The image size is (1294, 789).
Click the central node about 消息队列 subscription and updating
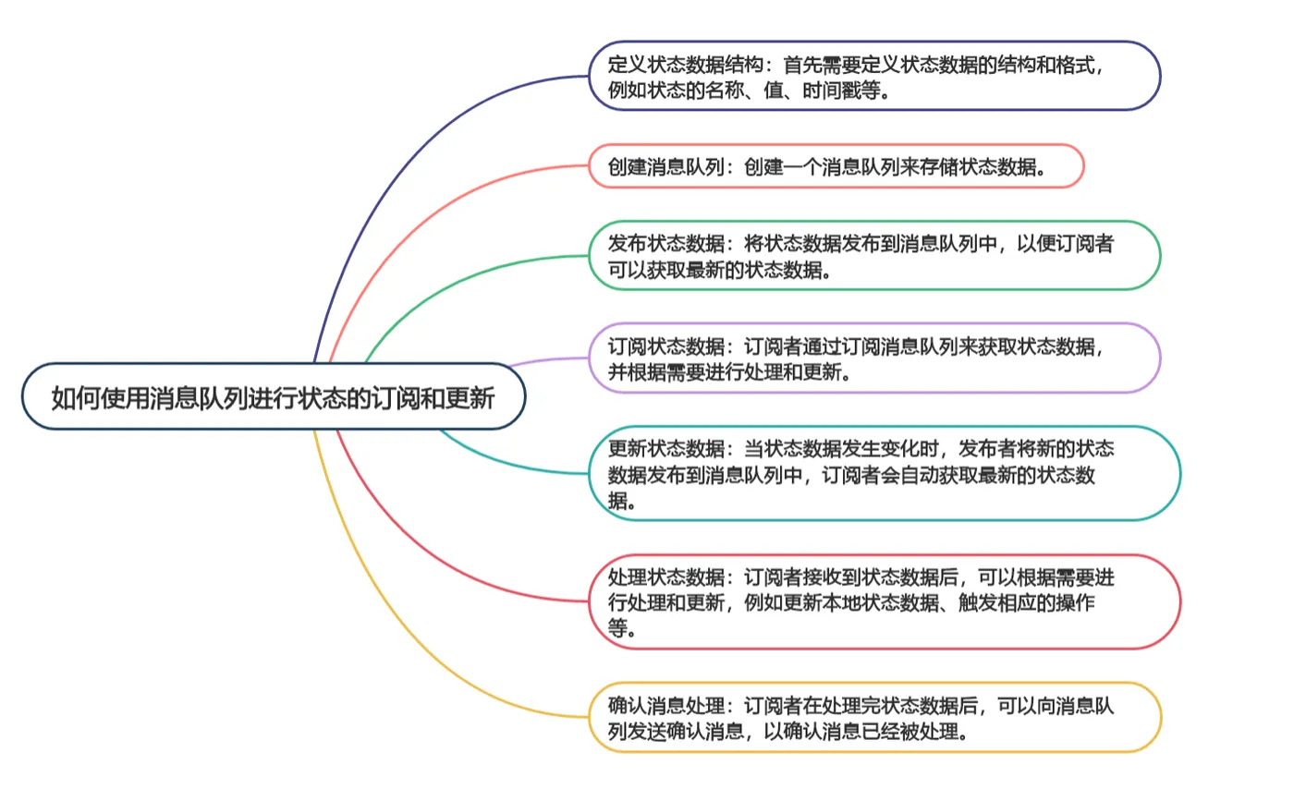[x=274, y=396]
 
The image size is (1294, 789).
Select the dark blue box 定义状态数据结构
[x=874, y=76]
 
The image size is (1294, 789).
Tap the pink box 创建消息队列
[x=836, y=166]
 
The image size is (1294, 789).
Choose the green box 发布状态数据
[x=874, y=255]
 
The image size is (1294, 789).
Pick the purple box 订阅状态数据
[x=874, y=358]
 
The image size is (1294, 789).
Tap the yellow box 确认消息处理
[x=874, y=717]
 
